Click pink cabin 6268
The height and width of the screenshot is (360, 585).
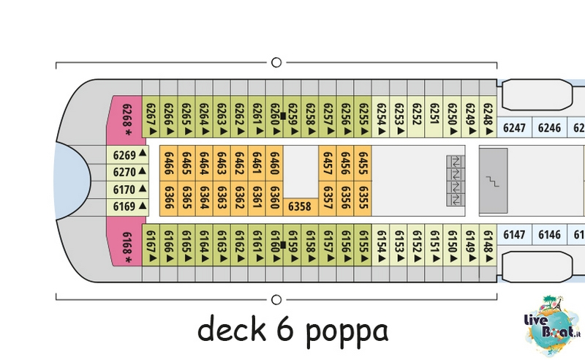point(125,119)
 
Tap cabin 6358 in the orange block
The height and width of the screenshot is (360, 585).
point(301,206)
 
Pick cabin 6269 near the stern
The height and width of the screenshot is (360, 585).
point(127,154)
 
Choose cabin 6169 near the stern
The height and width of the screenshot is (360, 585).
point(127,207)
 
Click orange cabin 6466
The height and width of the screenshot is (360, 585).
point(169,163)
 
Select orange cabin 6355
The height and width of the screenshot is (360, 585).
point(363,199)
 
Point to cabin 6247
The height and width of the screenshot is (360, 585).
point(514,128)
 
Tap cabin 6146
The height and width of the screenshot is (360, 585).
point(549,235)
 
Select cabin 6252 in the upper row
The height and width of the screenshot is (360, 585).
point(416,116)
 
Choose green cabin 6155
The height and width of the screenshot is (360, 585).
point(363,245)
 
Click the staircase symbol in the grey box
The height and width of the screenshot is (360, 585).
point(493,181)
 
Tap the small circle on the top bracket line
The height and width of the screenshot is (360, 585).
point(276,62)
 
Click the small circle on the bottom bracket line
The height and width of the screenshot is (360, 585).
point(276,299)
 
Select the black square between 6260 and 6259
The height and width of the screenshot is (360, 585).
point(283,116)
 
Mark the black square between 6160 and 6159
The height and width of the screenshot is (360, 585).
point(283,245)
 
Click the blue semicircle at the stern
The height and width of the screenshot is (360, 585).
point(72,181)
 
